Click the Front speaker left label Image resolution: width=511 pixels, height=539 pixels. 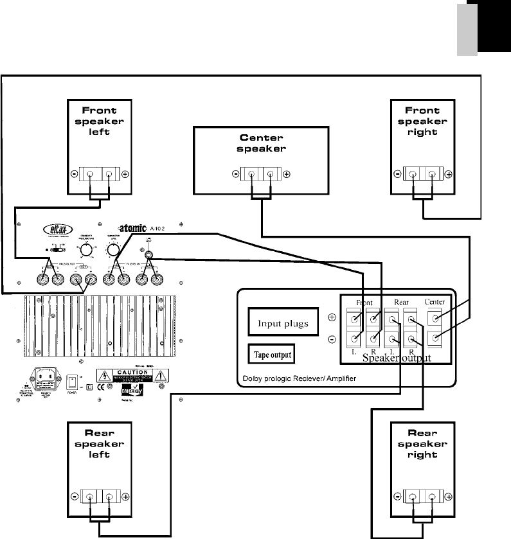click(99, 121)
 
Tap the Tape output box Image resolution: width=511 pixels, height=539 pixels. click(270, 354)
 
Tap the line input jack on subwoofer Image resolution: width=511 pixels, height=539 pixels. click(149, 254)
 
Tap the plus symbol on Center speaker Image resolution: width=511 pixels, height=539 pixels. click(287, 174)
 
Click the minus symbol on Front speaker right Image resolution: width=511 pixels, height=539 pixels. click(397, 174)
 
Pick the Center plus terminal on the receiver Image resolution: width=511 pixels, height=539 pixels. click(436, 317)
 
